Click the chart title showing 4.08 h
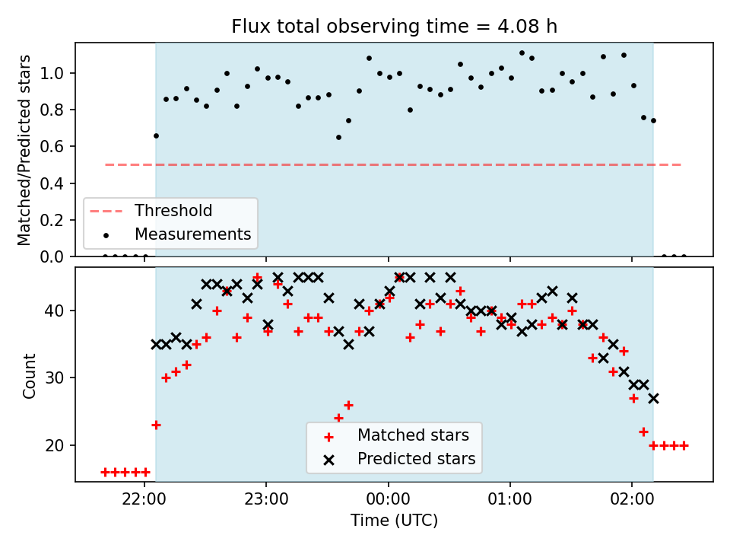(395, 27)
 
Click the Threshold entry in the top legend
(151, 211)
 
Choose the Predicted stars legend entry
(400, 459)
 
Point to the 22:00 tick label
(144, 499)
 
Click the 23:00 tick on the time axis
(266, 499)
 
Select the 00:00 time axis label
(388, 499)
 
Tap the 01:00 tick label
(509, 499)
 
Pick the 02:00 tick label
(632, 499)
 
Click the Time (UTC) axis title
(395, 521)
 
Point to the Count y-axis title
(30, 375)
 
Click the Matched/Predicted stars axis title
(24, 150)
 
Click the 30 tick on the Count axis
(54, 378)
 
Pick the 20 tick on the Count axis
(54, 445)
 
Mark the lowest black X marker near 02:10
(654, 398)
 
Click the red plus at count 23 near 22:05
(156, 425)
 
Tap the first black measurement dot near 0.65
(156, 136)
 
